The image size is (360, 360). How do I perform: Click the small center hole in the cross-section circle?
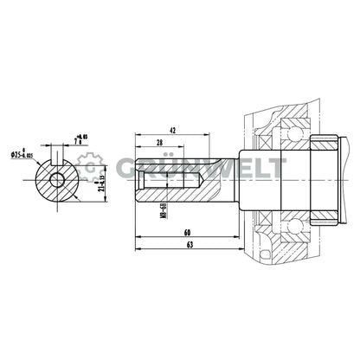[57, 179]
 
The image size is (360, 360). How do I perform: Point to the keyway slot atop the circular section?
[57, 162]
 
